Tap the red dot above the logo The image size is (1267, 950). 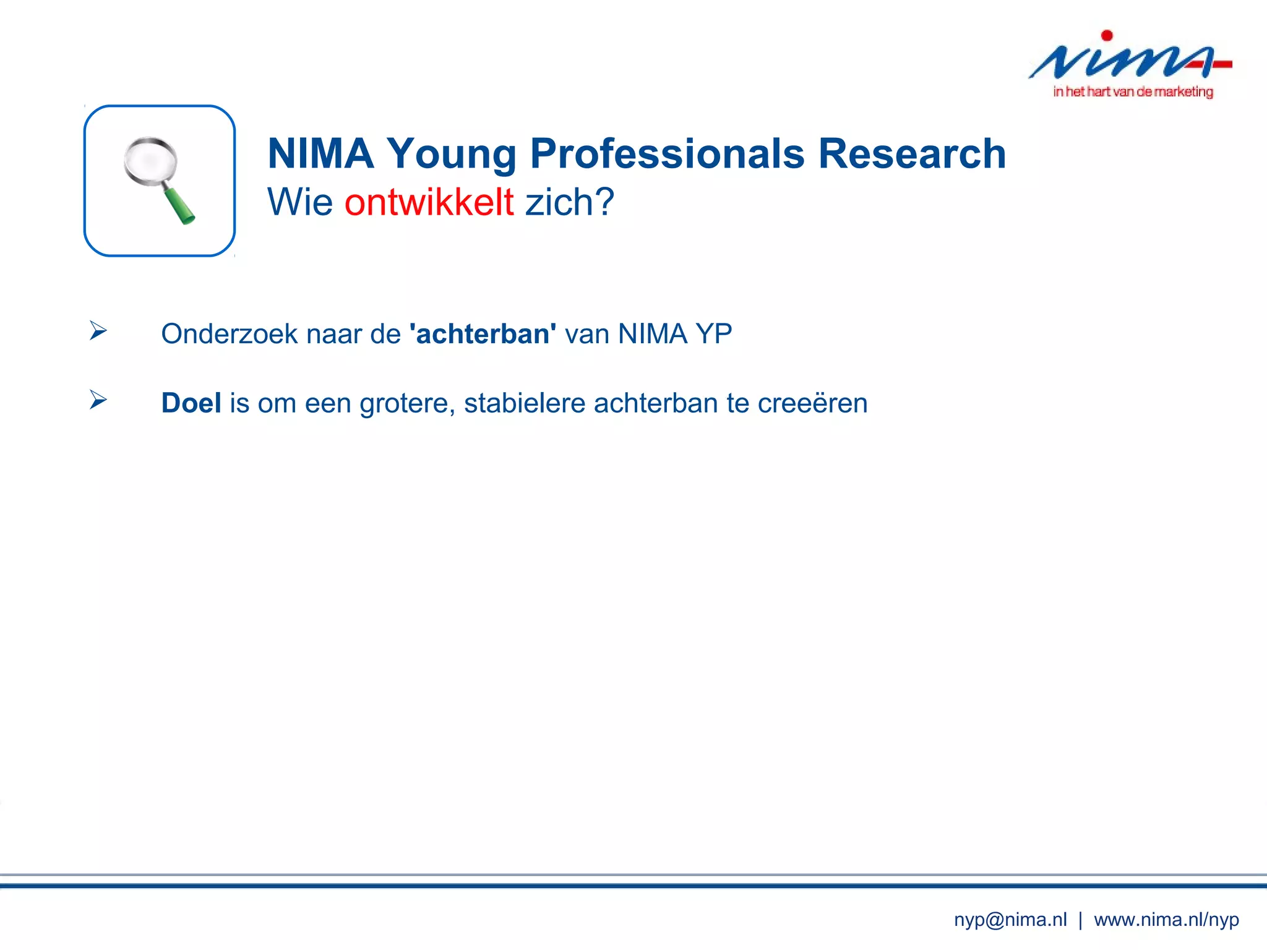click(1107, 36)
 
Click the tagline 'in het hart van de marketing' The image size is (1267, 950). click(1133, 92)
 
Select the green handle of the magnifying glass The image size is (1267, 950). click(179, 205)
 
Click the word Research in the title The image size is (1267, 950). click(912, 153)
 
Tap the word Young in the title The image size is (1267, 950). click(451, 155)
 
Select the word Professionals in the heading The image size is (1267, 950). click(667, 153)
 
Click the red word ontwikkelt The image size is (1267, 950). click(429, 202)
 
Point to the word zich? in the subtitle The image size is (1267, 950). click(569, 202)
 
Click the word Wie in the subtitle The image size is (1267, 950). click(300, 202)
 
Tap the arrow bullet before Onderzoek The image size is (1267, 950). click(98, 331)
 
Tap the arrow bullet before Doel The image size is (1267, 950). click(98, 400)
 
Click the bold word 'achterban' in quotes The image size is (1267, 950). click(483, 334)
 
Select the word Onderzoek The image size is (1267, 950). click(230, 334)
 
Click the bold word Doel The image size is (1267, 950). click(191, 403)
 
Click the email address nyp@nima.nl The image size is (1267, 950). click(1010, 920)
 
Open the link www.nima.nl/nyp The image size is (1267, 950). click(1166, 920)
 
